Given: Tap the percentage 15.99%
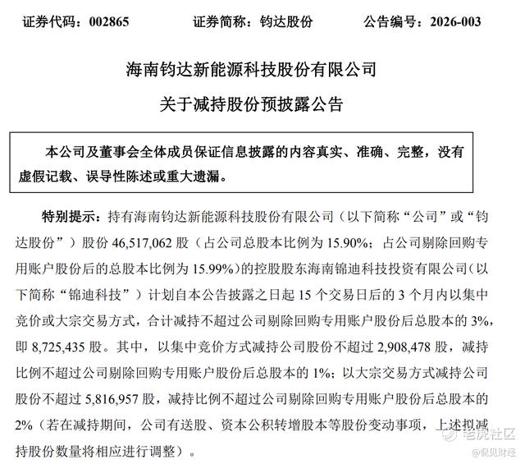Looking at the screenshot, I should [x=203, y=268].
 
